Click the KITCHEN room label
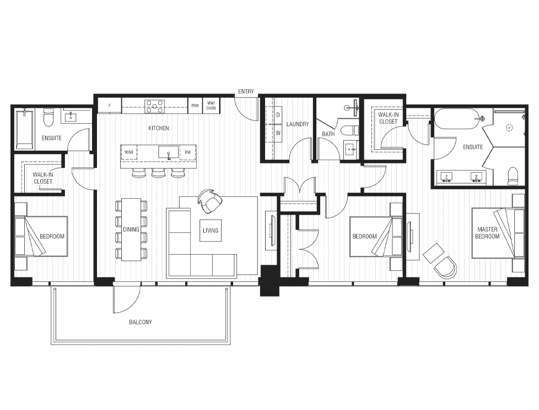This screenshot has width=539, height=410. coord(159,128)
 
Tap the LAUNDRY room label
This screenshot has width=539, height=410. coord(298,124)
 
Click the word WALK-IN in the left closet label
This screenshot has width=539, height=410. coord(43,175)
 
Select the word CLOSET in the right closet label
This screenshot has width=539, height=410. coord(388,122)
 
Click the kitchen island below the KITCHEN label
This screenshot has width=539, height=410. coord(158,156)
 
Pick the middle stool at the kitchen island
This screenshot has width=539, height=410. coord(159,174)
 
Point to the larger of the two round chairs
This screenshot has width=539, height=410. coord(446,269)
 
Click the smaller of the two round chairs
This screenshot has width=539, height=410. coord(434,253)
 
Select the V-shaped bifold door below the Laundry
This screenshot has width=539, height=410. coord(299,186)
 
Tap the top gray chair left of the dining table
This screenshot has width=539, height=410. coord(115,206)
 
